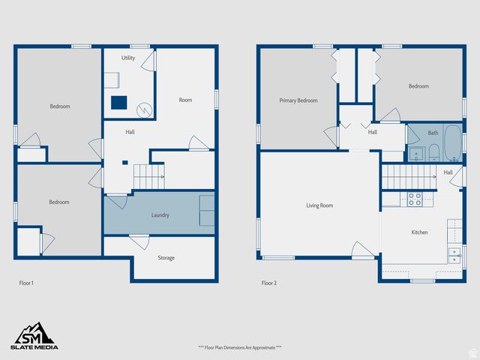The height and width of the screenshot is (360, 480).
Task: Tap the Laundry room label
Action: click(160, 215)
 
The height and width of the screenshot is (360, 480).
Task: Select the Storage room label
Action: click(166, 258)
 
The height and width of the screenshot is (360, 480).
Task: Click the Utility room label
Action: click(128, 58)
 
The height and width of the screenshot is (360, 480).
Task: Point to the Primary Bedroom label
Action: click(298, 100)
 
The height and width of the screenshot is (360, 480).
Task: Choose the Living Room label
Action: click(319, 205)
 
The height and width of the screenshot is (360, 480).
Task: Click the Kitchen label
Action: click(419, 232)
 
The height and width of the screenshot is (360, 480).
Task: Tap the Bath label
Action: click(433, 133)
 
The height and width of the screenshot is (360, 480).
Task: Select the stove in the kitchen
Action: click(414, 199)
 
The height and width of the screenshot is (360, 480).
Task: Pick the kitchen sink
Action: click(454, 255)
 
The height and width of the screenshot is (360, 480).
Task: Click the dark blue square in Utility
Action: click(118, 103)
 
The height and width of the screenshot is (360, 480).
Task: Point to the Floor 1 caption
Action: click(26, 283)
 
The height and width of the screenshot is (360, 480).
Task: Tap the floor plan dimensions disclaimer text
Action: click(239, 347)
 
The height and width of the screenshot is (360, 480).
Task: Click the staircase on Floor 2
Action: click(409, 178)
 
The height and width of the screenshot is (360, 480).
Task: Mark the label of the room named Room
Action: click(185, 100)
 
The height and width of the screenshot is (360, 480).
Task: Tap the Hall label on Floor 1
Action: click(130, 132)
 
